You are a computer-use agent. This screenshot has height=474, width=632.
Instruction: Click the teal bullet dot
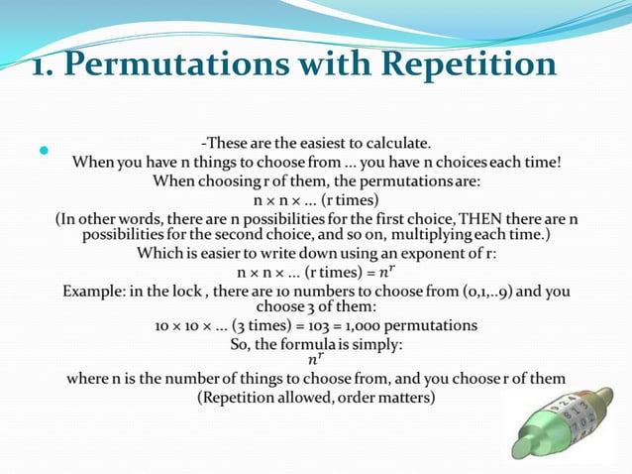(x=44, y=152)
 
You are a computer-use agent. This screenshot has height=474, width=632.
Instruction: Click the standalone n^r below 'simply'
(x=316, y=360)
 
